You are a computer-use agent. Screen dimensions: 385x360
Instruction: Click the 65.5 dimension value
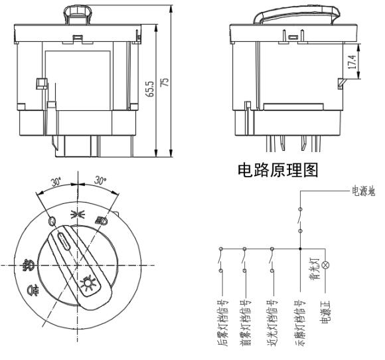(x=151, y=89)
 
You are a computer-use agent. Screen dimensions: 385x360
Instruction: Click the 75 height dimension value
(x=165, y=82)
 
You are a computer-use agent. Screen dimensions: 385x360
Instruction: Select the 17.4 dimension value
(x=352, y=62)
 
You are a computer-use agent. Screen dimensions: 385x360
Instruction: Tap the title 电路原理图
(x=278, y=170)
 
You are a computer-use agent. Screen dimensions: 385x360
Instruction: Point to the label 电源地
(x=364, y=191)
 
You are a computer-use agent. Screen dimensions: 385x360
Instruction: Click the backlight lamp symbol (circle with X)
(x=325, y=265)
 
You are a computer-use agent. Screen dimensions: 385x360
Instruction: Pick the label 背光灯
(x=315, y=268)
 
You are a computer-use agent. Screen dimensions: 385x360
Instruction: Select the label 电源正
(x=326, y=312)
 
